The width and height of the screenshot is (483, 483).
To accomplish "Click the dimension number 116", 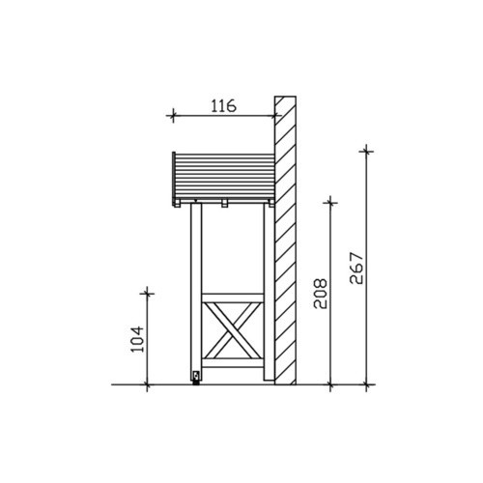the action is (x=223, y=106).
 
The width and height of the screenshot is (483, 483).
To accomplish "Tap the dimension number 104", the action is (x=137, y=339).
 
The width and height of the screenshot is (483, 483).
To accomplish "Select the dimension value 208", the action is (x=321, y=294).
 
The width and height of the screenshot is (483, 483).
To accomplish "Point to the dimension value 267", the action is (x=356, y=269).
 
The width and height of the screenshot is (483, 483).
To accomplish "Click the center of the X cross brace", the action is (x=233, y=330).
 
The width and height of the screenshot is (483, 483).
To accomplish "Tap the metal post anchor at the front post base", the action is (x=196, y=377).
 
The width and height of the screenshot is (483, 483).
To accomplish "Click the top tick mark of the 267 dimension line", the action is (x=366, y=151).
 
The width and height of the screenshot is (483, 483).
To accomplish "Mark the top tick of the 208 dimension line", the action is (x=330, y=203).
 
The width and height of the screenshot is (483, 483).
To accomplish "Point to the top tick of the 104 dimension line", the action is (x=147, y=293).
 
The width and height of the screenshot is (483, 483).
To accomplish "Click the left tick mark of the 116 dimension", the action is (x=173, y=115).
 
